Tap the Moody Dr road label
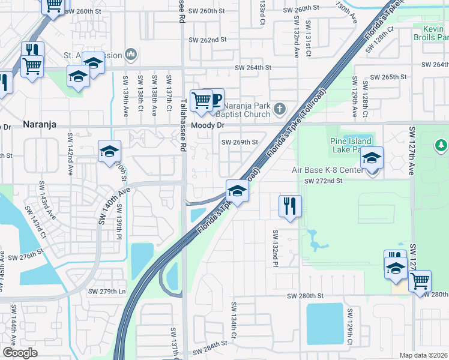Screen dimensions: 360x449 207,125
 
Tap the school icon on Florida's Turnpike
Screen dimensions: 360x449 237,191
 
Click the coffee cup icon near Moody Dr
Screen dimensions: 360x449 214,98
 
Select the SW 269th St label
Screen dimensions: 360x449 240,142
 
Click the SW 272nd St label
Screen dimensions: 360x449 322,181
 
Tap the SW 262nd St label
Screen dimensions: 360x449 207,40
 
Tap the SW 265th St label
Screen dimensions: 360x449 389,77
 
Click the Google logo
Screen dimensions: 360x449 20,352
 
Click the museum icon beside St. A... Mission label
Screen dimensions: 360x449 131,56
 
